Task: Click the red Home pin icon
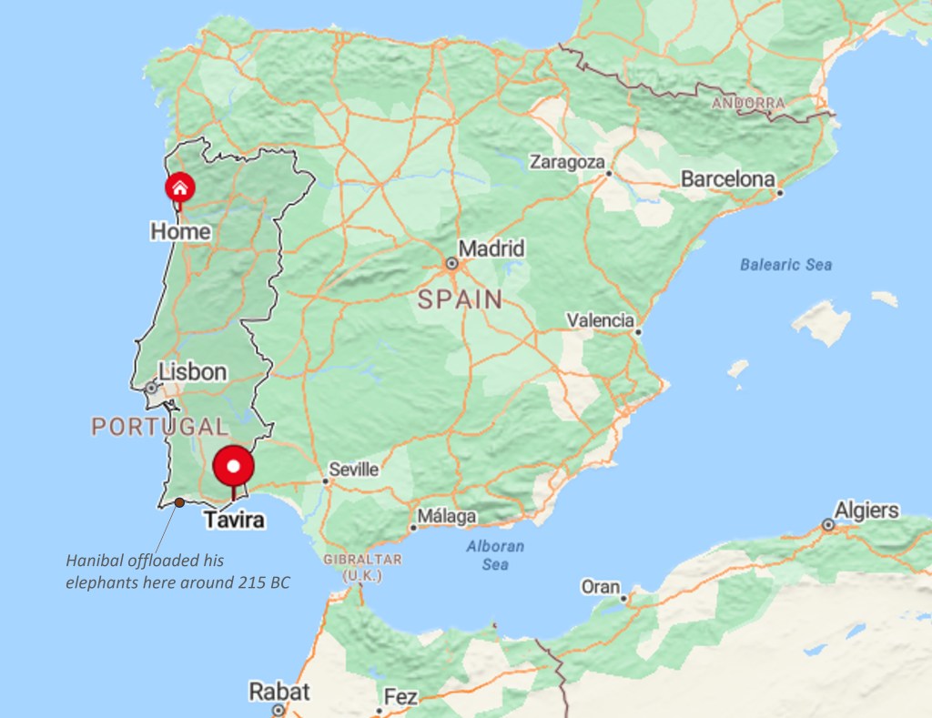179,187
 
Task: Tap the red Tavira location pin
234,467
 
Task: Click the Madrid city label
491,248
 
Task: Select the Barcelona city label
727,179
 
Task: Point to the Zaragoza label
567,162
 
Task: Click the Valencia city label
600,320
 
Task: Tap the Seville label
354,470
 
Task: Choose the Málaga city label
447,517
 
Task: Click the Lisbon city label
192,371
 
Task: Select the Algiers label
866,510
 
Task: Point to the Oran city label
601,587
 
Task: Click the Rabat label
279,692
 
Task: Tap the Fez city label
400,697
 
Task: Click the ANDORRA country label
748,104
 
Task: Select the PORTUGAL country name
159,426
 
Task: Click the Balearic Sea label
785,265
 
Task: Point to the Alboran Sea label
495,555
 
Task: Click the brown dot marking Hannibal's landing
179,502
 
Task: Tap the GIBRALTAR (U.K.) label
361,568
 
